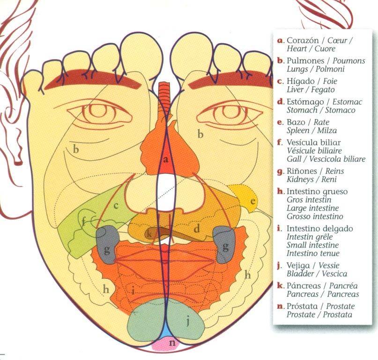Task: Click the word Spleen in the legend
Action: tap(298, 131)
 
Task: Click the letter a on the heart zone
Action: tap(165, 159)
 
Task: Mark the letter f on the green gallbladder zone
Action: tap(84, 221)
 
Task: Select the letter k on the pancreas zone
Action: tap(149, 233)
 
